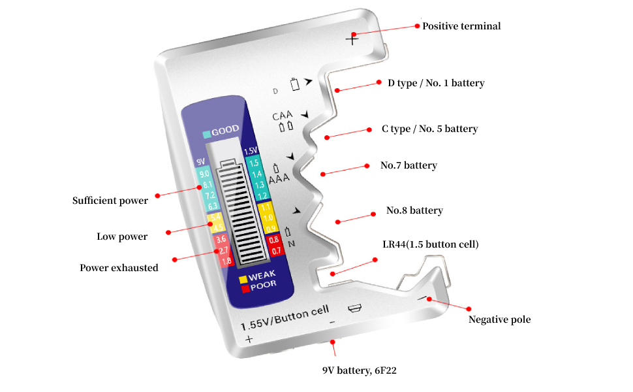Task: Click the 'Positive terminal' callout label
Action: pyautogui.click(x=461, y=26)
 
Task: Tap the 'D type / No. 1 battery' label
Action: pyautogui.click(x=436, y=83)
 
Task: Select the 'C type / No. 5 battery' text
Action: pyautogui.click(x=429, y=129)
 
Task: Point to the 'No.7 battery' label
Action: pyautogui.click(x=409, y=165)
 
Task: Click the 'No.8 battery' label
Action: pyautogui.click(x=414, y=210)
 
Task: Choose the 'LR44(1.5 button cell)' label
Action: pyautogui.click(x=431, y=244)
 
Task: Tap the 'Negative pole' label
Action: pyautogui.click(x=499, y=319)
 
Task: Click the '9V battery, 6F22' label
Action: pyautogui.click(x=360, y=370)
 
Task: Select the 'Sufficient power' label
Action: pyautogui.click(x=110, y=201)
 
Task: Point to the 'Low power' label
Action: pyautogui.click(x=122, y=237)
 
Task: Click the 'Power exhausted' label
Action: pyautogui.click(x=119, y=268)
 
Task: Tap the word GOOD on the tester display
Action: pyautogui.click(x=225, y=130)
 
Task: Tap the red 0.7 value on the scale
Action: pyautogui.click(x=276, y=251)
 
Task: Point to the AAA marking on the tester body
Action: pyautogui.click(x=279, y=177)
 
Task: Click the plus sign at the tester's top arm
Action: pyautogui.click(x=352, y=39)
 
